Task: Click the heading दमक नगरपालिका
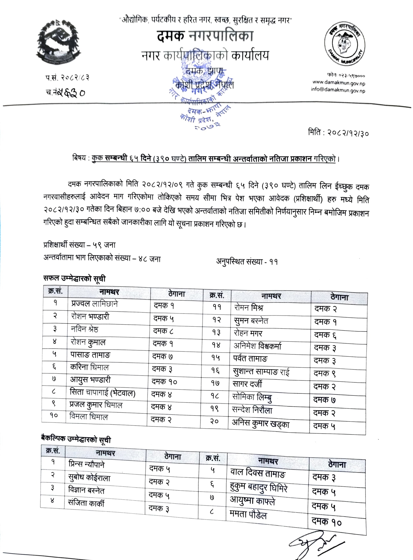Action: click(x=205, y=36)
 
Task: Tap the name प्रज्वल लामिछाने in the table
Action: click(x=94, y=304)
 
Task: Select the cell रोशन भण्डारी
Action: click(x=90, y=317)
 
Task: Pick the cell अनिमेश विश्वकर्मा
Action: click(x=257, y=346)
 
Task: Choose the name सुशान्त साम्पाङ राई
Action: click(x=261, y=372)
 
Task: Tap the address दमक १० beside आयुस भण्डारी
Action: click(x=164, y=382)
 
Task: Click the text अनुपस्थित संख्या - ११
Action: click(x=247, y=261)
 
